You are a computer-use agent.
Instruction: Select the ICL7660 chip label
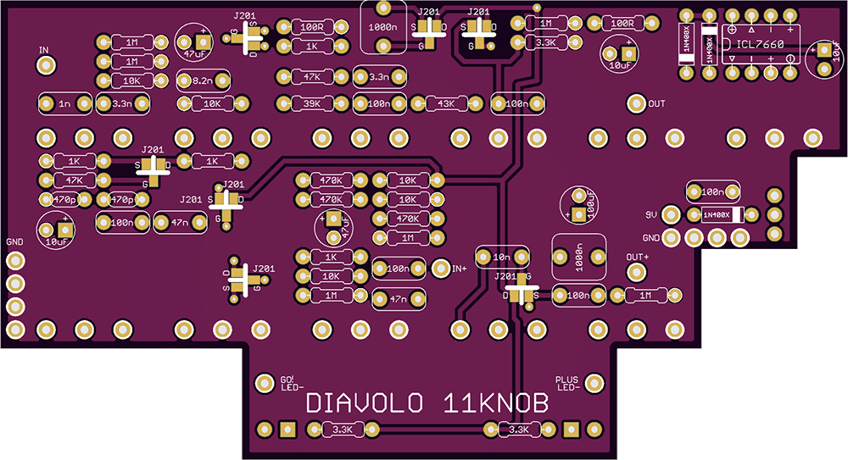tap(761, 43)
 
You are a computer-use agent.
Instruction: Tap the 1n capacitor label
tap(65, 103)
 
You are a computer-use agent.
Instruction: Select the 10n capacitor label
tap(503, 256)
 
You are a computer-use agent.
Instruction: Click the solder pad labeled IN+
tap(440, 268)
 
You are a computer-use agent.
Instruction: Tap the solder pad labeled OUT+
tap(634, 271)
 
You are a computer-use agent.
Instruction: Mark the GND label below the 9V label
tap(651, 237)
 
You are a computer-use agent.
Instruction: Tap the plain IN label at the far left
tap(44, 50)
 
